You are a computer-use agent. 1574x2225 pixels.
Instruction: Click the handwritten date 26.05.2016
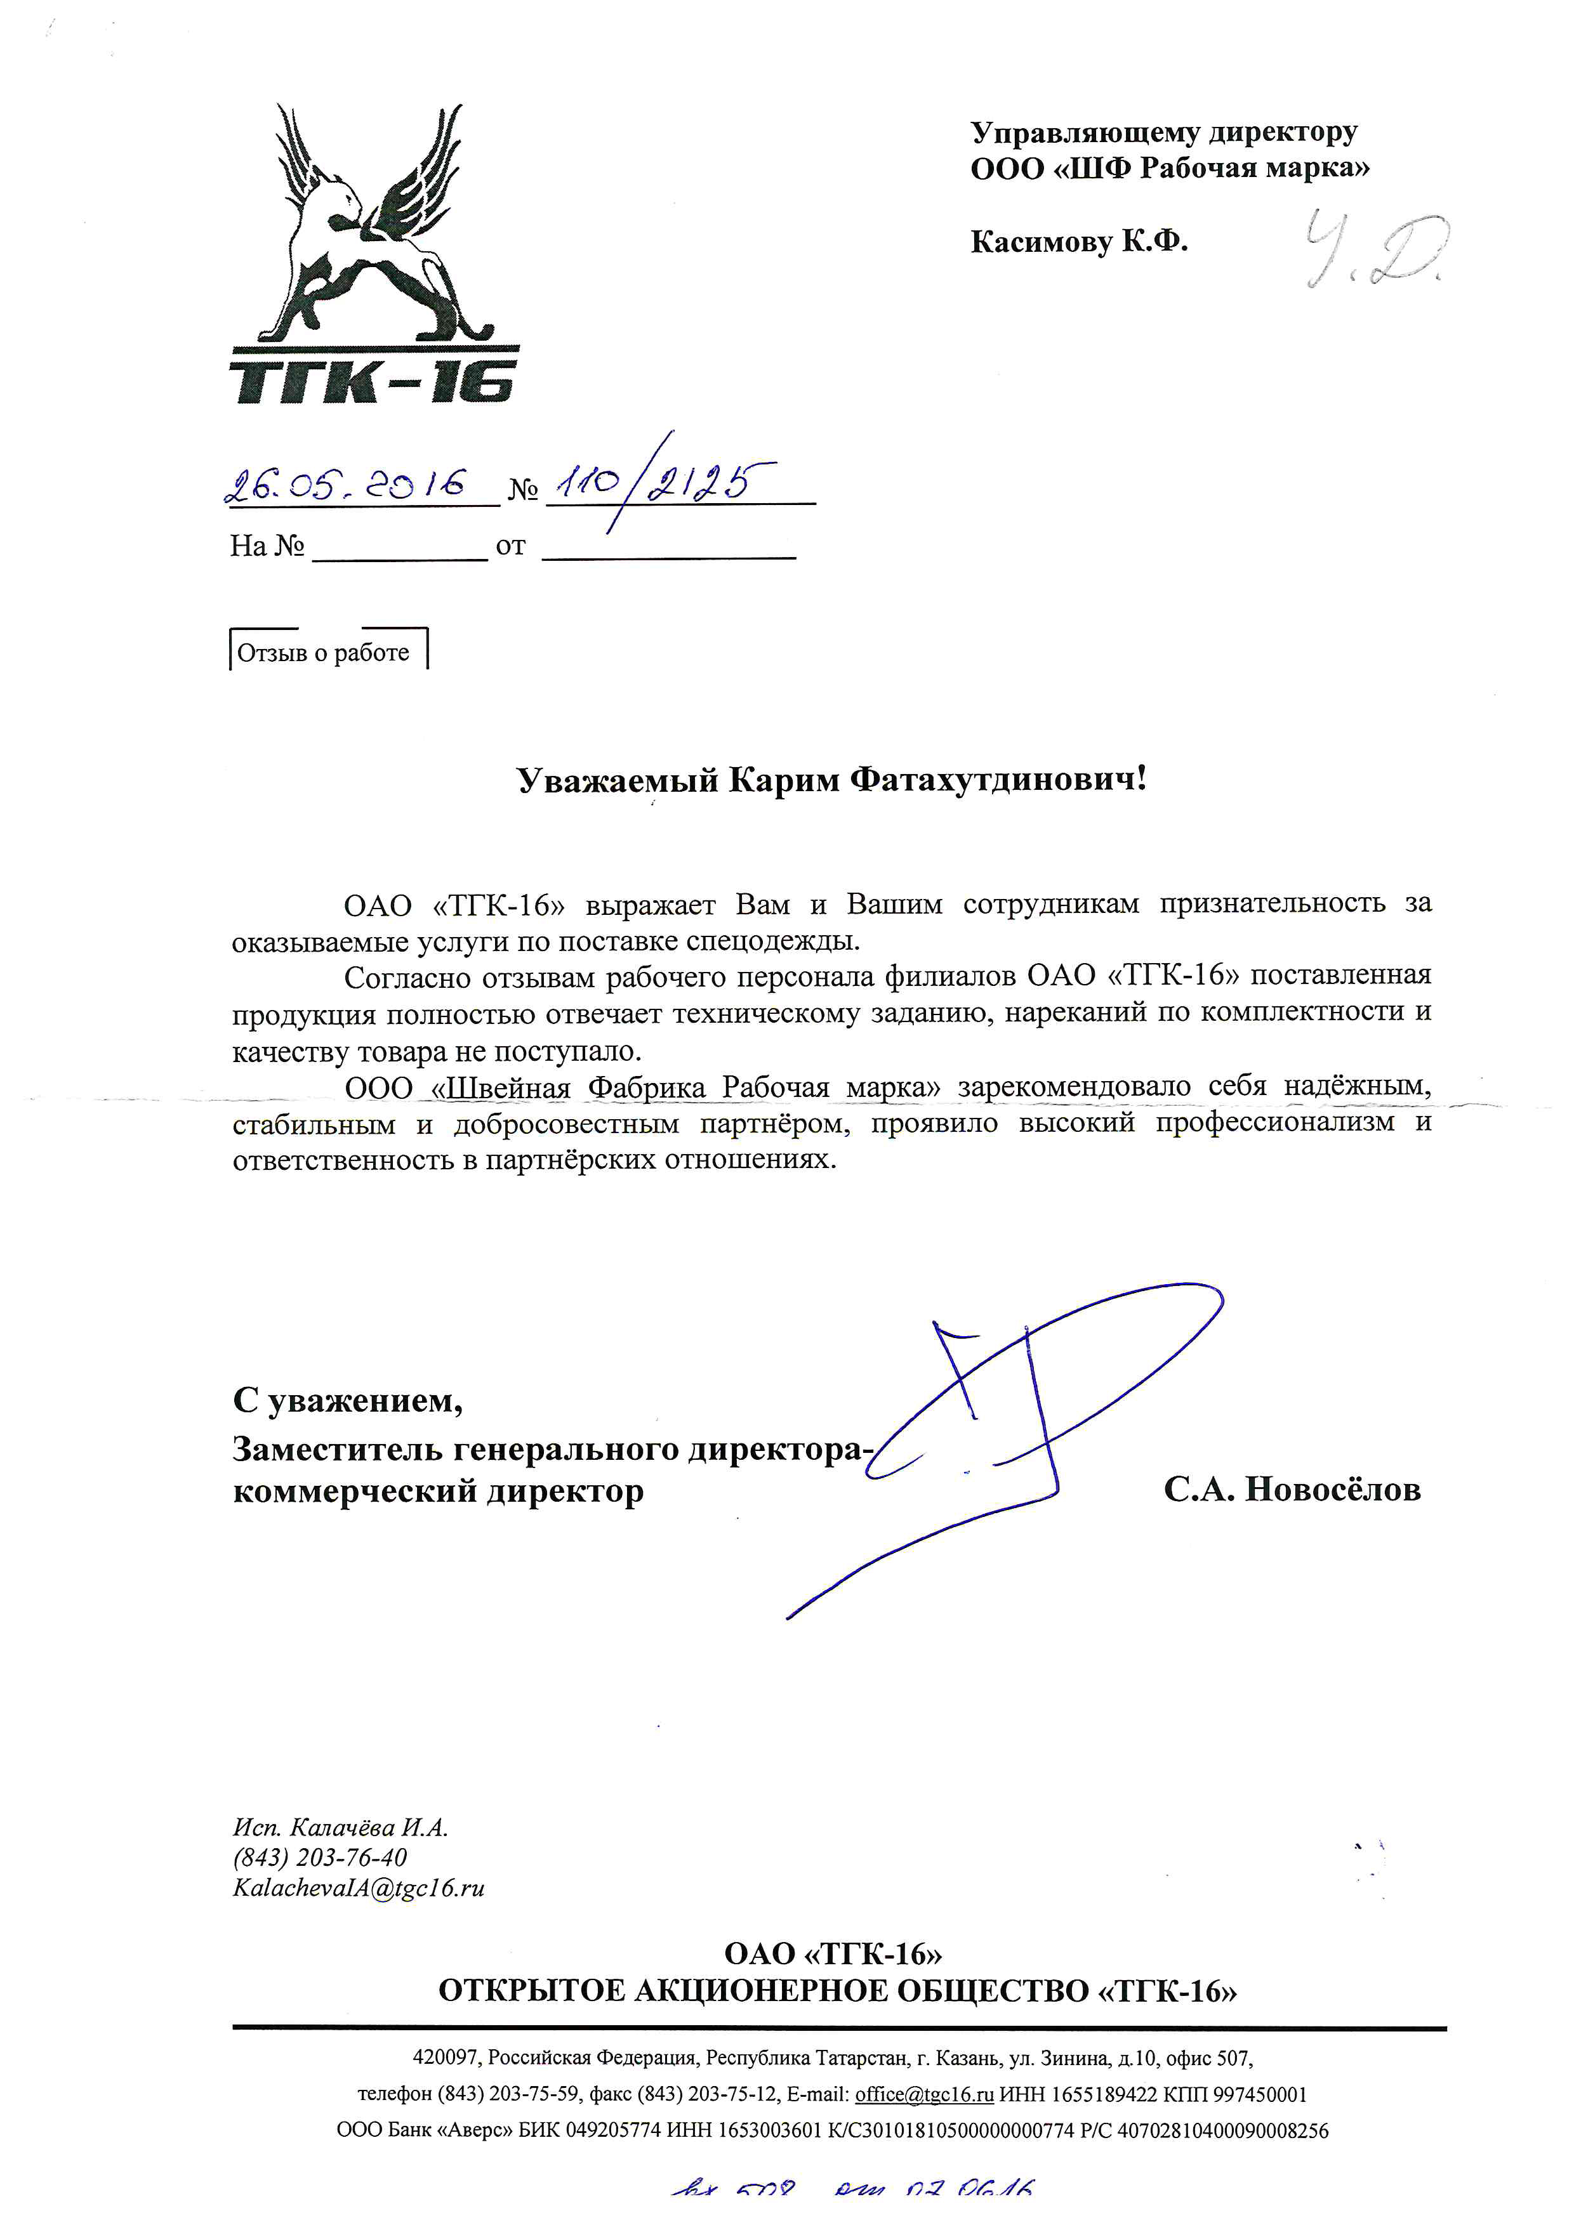[346, 485]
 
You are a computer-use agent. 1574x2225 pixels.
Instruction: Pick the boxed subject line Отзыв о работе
[324, 653]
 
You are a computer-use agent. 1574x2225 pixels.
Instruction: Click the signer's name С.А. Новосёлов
[1292, 1490]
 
